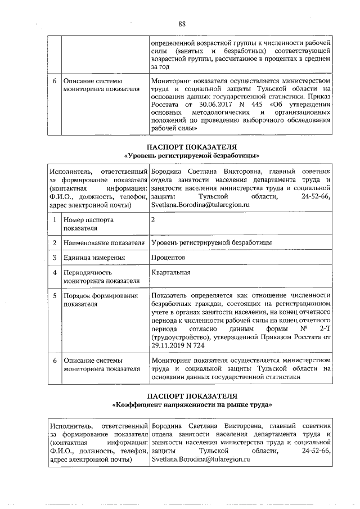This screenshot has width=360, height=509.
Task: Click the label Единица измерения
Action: pos(93,258)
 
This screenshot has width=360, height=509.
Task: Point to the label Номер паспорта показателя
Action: pos(88,224)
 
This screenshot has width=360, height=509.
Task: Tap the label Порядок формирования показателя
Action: pos(100,299)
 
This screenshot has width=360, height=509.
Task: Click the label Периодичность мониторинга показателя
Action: pos(101,277)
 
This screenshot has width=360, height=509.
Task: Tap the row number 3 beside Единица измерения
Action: pos(54,258)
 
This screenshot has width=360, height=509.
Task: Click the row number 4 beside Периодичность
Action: pos(54,273)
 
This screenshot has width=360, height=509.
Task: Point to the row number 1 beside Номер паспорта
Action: pos(54,220)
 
